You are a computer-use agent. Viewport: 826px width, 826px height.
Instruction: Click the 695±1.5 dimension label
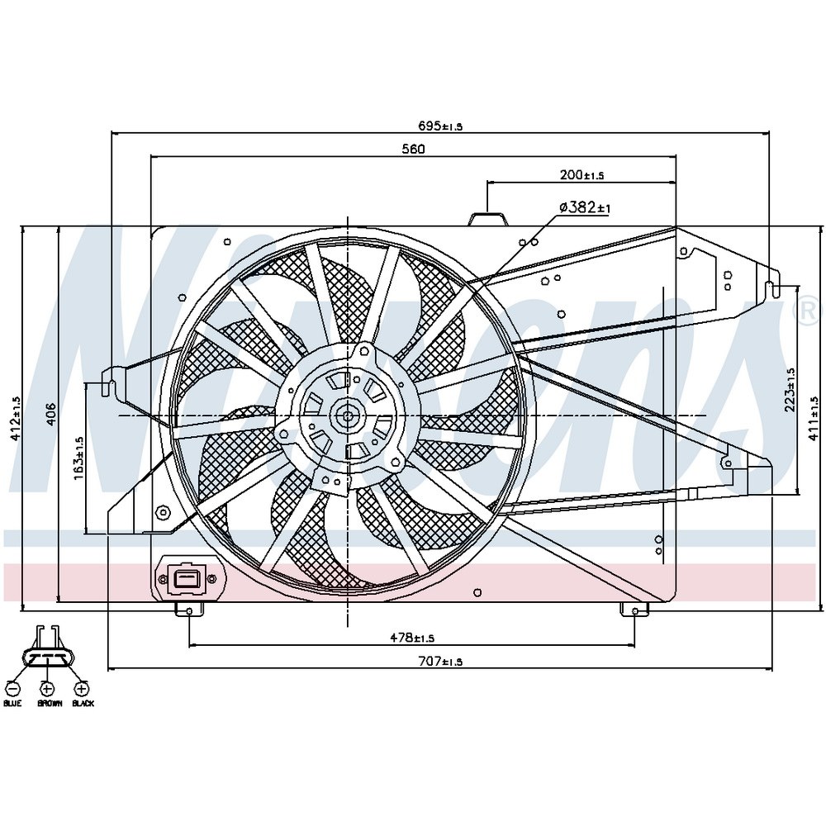440,126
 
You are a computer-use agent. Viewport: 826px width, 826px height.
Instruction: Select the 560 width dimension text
414,149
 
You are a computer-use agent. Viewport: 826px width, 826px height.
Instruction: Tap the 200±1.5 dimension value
581,175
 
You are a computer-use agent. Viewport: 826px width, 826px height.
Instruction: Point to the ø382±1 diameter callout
584,207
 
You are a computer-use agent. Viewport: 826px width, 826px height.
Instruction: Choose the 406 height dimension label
50,415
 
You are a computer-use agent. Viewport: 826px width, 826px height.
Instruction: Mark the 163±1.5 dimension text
79,458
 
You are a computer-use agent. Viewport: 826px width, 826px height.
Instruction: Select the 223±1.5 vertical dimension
790,390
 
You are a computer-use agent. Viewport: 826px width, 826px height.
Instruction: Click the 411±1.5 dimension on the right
815,418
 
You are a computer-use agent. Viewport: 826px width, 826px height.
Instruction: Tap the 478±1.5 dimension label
412,638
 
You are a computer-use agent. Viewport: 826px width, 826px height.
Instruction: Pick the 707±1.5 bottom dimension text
440,662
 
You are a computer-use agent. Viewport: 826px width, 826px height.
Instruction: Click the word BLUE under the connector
12,703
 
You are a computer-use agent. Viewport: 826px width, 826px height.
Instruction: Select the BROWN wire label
50,703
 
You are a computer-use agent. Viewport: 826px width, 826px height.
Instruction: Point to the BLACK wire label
83,703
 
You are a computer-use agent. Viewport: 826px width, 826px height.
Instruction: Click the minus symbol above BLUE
13,689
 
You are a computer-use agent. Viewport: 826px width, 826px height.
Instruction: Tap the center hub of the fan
348,415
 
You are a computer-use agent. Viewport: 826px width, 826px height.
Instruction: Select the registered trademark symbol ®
811,311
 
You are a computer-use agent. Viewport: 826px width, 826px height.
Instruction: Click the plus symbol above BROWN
47,689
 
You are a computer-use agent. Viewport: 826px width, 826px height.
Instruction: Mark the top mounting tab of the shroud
488,219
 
